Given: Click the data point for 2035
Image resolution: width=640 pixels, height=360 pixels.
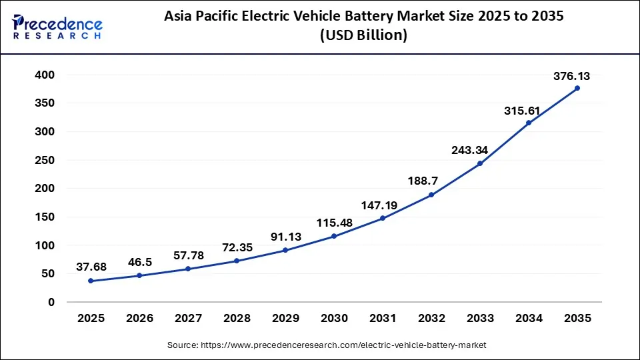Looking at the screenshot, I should pyautogui.click(x=577, y=88).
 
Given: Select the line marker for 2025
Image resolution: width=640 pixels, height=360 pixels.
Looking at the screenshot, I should pyautogui.click(x=91, y=281).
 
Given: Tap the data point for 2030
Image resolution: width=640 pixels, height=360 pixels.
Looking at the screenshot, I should pyautogui.click(x=334, y=236).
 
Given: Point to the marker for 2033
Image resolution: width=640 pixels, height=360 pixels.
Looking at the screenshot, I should pyautogui.click(x=480, y=163).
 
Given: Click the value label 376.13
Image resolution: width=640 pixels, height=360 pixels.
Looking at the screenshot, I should pyautogui.click(x=572, y=77).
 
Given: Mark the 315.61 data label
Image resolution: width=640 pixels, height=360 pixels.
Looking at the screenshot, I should pyautogui.click(x=523, y=111).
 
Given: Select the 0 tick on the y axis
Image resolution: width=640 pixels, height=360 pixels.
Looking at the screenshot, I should pyautogui.click(x=51, y=302).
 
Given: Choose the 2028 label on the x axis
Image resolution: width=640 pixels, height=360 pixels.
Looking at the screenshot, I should pyautogui.click(x=237, y=319).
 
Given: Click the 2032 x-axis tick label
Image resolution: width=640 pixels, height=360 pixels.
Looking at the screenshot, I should pyautogui.click(x=431, y=319).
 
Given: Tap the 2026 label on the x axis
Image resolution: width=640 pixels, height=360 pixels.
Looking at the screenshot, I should pyautogui.click(x=139, y=319).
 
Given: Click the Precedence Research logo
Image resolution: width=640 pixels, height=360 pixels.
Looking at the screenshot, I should pyautogui.click(x=57, y=27).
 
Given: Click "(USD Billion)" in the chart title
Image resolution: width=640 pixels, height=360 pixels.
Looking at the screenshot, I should pyautogui.click(x=363, y=35).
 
